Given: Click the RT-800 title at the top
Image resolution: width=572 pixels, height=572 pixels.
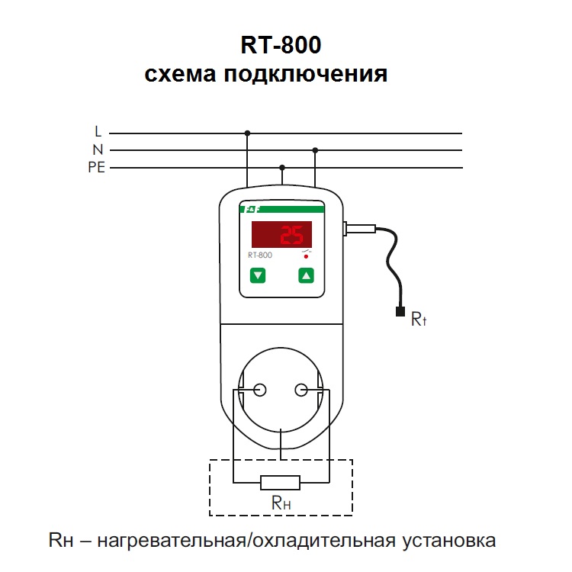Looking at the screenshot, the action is click(x=281, y=44).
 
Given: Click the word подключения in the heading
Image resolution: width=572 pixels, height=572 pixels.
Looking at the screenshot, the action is click(x=305, y=75).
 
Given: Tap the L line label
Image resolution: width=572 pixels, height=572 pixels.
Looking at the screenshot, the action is click(x=98, y=131).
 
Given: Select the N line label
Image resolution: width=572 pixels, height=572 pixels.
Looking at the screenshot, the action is click(x=98, y=149).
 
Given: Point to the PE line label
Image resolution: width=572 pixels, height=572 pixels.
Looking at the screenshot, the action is click(x=97, y=168).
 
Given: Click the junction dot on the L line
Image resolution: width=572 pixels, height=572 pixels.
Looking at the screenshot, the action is click(x=247, y=133).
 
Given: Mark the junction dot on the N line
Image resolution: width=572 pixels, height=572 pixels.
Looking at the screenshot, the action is click(x=315, y=150).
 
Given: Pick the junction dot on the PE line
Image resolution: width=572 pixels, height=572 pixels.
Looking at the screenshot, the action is click(x=282, y=168).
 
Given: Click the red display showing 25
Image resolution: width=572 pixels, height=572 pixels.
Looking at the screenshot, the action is click(x=281, y=235).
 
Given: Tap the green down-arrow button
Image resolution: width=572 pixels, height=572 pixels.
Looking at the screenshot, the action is click(x=258, y=275).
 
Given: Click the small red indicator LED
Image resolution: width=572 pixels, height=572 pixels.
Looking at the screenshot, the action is click(x=306, y=257).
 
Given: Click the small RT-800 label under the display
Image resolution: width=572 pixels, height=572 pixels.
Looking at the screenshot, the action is click(x=260, y=255).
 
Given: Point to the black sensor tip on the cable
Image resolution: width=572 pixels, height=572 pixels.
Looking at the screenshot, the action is click(x=400, y=311).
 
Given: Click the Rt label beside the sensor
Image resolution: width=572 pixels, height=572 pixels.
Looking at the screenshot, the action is click(x=419, y=319).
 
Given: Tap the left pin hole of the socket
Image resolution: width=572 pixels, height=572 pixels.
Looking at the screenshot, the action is click(x=260, y=390).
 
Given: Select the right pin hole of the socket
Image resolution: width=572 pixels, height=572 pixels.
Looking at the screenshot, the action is click(x=301, y=390).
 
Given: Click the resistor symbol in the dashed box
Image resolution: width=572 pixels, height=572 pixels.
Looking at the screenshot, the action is click(x=280, y=483).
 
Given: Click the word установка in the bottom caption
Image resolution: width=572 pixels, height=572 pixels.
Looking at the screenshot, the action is click(x=449, y=541).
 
